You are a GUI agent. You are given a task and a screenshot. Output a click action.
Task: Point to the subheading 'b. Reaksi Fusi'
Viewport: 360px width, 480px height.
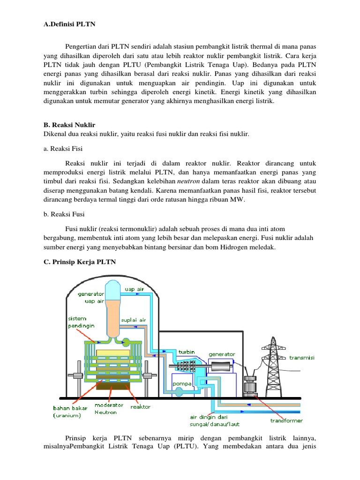(60, 215)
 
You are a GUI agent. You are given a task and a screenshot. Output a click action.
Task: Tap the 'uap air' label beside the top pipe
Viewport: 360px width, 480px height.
(134, 289)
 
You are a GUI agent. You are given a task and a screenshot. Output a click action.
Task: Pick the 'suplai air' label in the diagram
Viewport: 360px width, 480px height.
(134, 320)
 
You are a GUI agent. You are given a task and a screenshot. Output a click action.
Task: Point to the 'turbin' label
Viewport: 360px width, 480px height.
(187, 351)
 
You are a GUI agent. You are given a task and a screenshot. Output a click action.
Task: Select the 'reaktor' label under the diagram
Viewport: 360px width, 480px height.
(141, 407)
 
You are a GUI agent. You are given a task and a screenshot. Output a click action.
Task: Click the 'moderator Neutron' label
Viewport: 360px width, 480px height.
(109, 408)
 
